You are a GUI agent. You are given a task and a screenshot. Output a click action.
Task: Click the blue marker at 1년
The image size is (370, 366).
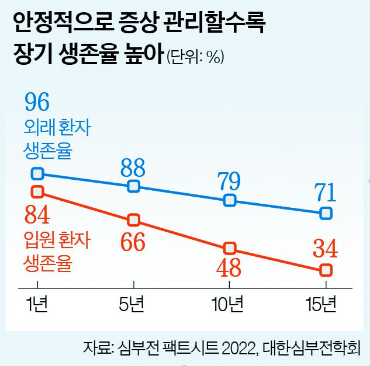38,173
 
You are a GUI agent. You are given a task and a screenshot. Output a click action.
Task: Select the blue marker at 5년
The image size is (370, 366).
134,186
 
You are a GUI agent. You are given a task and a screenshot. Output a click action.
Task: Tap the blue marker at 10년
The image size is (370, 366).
230,201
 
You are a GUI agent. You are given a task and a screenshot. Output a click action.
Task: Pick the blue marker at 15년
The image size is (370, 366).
326,214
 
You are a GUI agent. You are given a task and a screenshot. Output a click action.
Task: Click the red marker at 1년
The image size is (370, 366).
38,191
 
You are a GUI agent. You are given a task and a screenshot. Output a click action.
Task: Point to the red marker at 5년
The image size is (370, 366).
134,220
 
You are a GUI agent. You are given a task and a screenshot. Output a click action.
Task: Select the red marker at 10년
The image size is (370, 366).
230,248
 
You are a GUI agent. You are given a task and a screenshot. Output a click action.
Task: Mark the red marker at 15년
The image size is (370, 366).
326,270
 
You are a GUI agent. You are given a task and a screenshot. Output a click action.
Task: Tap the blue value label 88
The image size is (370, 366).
133,168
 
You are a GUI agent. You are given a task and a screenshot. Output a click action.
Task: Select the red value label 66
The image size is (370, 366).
133,242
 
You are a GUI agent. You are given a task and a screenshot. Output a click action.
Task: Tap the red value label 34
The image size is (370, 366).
325,250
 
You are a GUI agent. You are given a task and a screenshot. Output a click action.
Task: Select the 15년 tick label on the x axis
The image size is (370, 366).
322,305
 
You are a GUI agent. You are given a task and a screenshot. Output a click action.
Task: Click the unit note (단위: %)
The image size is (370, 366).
196,57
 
